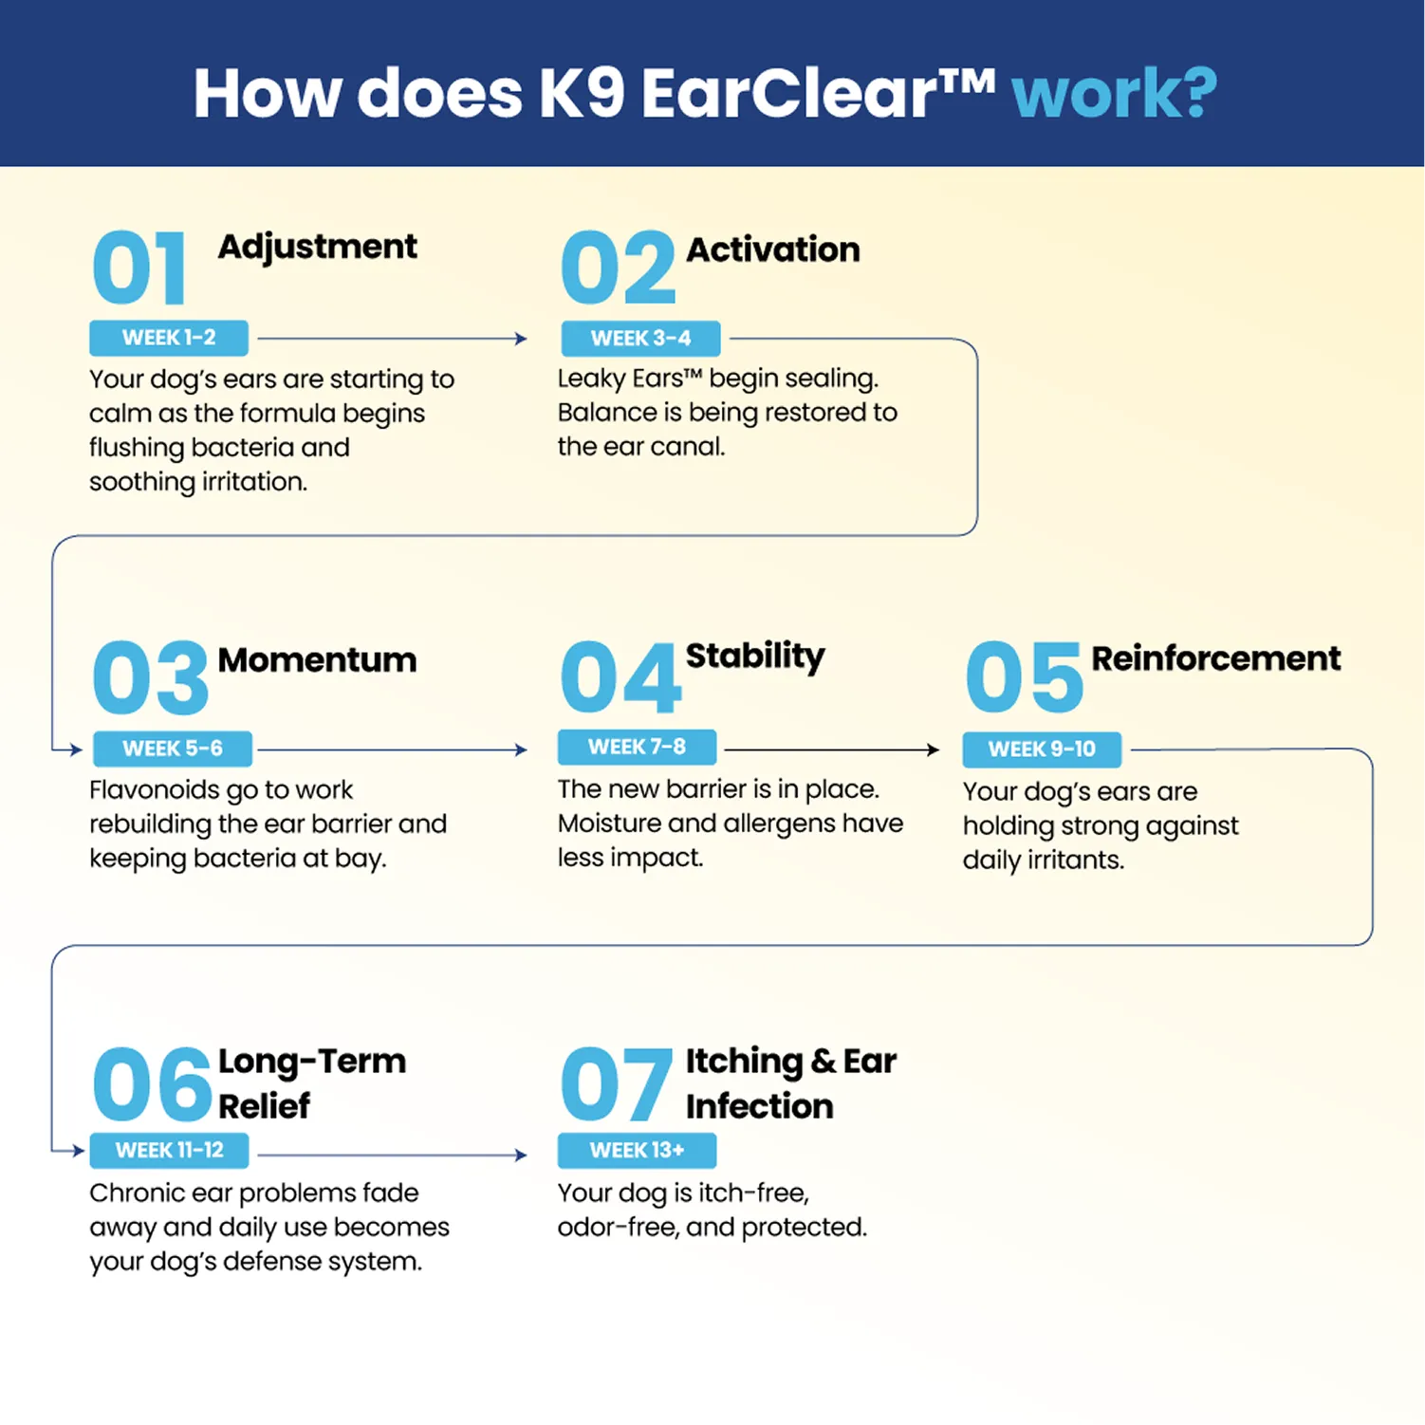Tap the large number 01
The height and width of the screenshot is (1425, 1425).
click(x=139, y=268)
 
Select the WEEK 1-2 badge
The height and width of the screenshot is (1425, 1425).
click(x=169, y=338)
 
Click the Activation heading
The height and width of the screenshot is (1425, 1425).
click(x=773, y=250)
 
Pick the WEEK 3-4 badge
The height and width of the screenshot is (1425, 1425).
click(x=640, y=339)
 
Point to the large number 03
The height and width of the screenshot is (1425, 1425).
click(x=150, y=677)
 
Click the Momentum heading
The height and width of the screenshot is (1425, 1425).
click(x=317, y=659)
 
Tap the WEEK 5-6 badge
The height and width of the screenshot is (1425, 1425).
click(x=173, y=749)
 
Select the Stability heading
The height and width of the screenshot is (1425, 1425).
click(x=755, y=657)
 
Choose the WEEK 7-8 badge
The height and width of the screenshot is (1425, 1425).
click(x=637, y=747)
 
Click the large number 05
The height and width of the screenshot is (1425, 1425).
click(x=1024, y=677)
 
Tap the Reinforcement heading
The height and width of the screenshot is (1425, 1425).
click(x=1216, y=658)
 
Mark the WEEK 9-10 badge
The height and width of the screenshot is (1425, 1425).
click(x=1042, y=750)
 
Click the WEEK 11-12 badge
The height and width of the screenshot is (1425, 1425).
click(x=169, y=1151)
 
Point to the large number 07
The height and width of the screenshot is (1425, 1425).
click(x=616, y=1083)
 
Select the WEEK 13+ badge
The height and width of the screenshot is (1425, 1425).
click(x=637, y=1151)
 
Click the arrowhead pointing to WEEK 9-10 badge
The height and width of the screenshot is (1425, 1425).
click(x=933, y=750)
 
